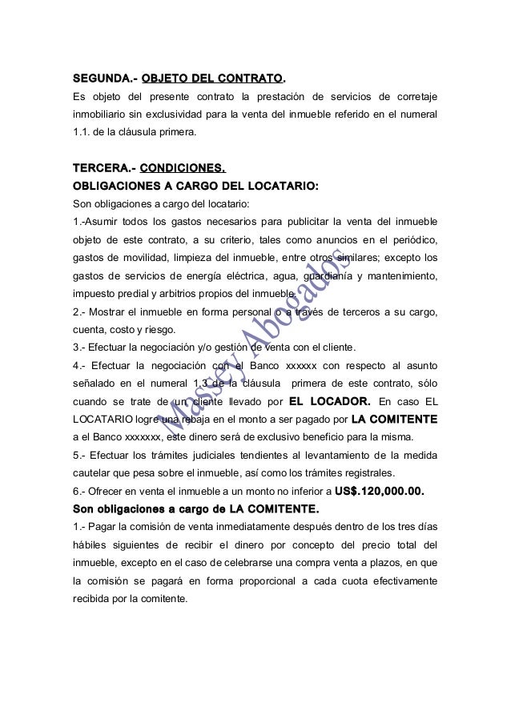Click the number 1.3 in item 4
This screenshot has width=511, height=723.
click(x=191, y=383)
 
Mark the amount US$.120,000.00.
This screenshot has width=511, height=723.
click(x=378, y=491)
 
